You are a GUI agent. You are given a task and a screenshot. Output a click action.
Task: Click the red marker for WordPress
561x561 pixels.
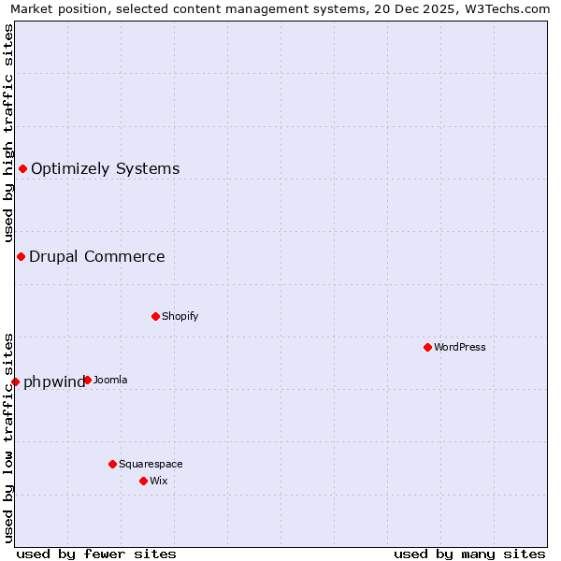(427, 347)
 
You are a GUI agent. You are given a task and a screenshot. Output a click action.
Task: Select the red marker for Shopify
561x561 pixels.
(155, 316)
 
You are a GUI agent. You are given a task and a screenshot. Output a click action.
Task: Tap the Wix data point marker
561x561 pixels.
(143, 481)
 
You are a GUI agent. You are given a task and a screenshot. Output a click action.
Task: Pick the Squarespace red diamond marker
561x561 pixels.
(112, 464)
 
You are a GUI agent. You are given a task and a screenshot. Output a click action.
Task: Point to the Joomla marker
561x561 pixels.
(87, 380)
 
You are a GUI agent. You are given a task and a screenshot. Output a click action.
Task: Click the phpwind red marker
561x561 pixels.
(15, 381)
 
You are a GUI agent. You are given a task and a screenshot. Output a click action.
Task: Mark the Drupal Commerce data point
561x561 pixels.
(21, 256)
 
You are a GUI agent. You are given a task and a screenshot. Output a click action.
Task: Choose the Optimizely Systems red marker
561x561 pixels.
(22, 168)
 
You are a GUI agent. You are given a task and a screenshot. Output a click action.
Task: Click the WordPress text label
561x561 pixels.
(460, 347)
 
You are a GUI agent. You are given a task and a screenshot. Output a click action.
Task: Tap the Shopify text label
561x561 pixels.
(180, 316)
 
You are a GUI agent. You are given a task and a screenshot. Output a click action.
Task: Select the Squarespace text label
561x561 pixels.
(151, 464)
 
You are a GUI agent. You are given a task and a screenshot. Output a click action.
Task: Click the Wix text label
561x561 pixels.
(158, 481)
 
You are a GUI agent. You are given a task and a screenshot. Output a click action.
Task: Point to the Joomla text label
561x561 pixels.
(110, 380)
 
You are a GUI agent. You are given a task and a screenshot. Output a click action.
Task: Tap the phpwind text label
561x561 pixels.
(54, 381)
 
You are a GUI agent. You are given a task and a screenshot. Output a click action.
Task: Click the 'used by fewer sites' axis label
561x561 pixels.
(96, 554)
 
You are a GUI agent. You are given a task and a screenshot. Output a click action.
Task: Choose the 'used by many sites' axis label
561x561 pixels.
(469, 554)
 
